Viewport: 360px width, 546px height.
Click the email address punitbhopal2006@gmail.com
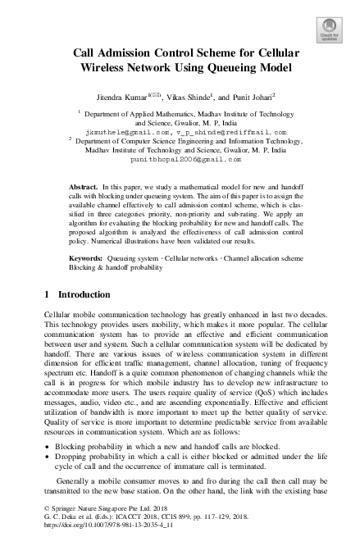(180, 160)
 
